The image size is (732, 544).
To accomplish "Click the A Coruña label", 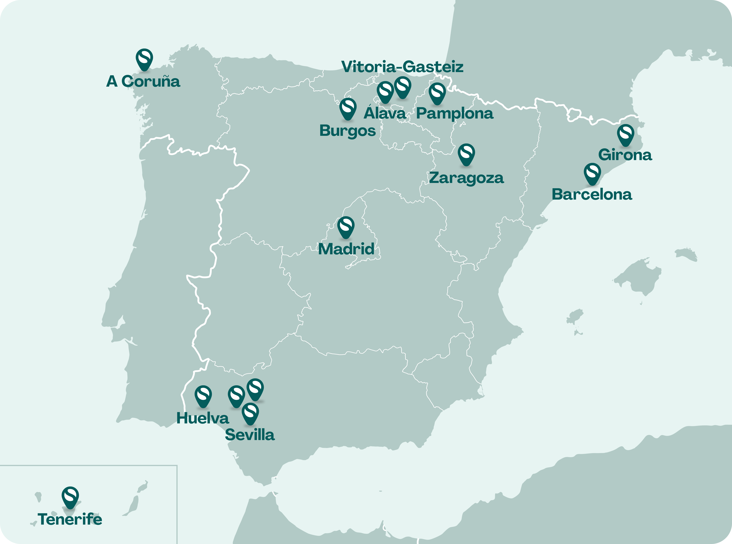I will [143, 81].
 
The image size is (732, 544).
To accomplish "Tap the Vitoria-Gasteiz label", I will [402, 67].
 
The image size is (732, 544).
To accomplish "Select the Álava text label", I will [385, 113].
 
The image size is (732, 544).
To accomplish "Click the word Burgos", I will [347, 131].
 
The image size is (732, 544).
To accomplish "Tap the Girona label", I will [625, 155].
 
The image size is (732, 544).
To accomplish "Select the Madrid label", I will [346, 249].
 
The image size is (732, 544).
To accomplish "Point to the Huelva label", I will [203, 418].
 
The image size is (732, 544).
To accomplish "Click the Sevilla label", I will [250, 435].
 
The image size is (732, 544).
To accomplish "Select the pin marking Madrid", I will [346, 227].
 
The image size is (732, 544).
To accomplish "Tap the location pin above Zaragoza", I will [466, 154].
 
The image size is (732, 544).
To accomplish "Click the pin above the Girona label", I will [625, 134].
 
